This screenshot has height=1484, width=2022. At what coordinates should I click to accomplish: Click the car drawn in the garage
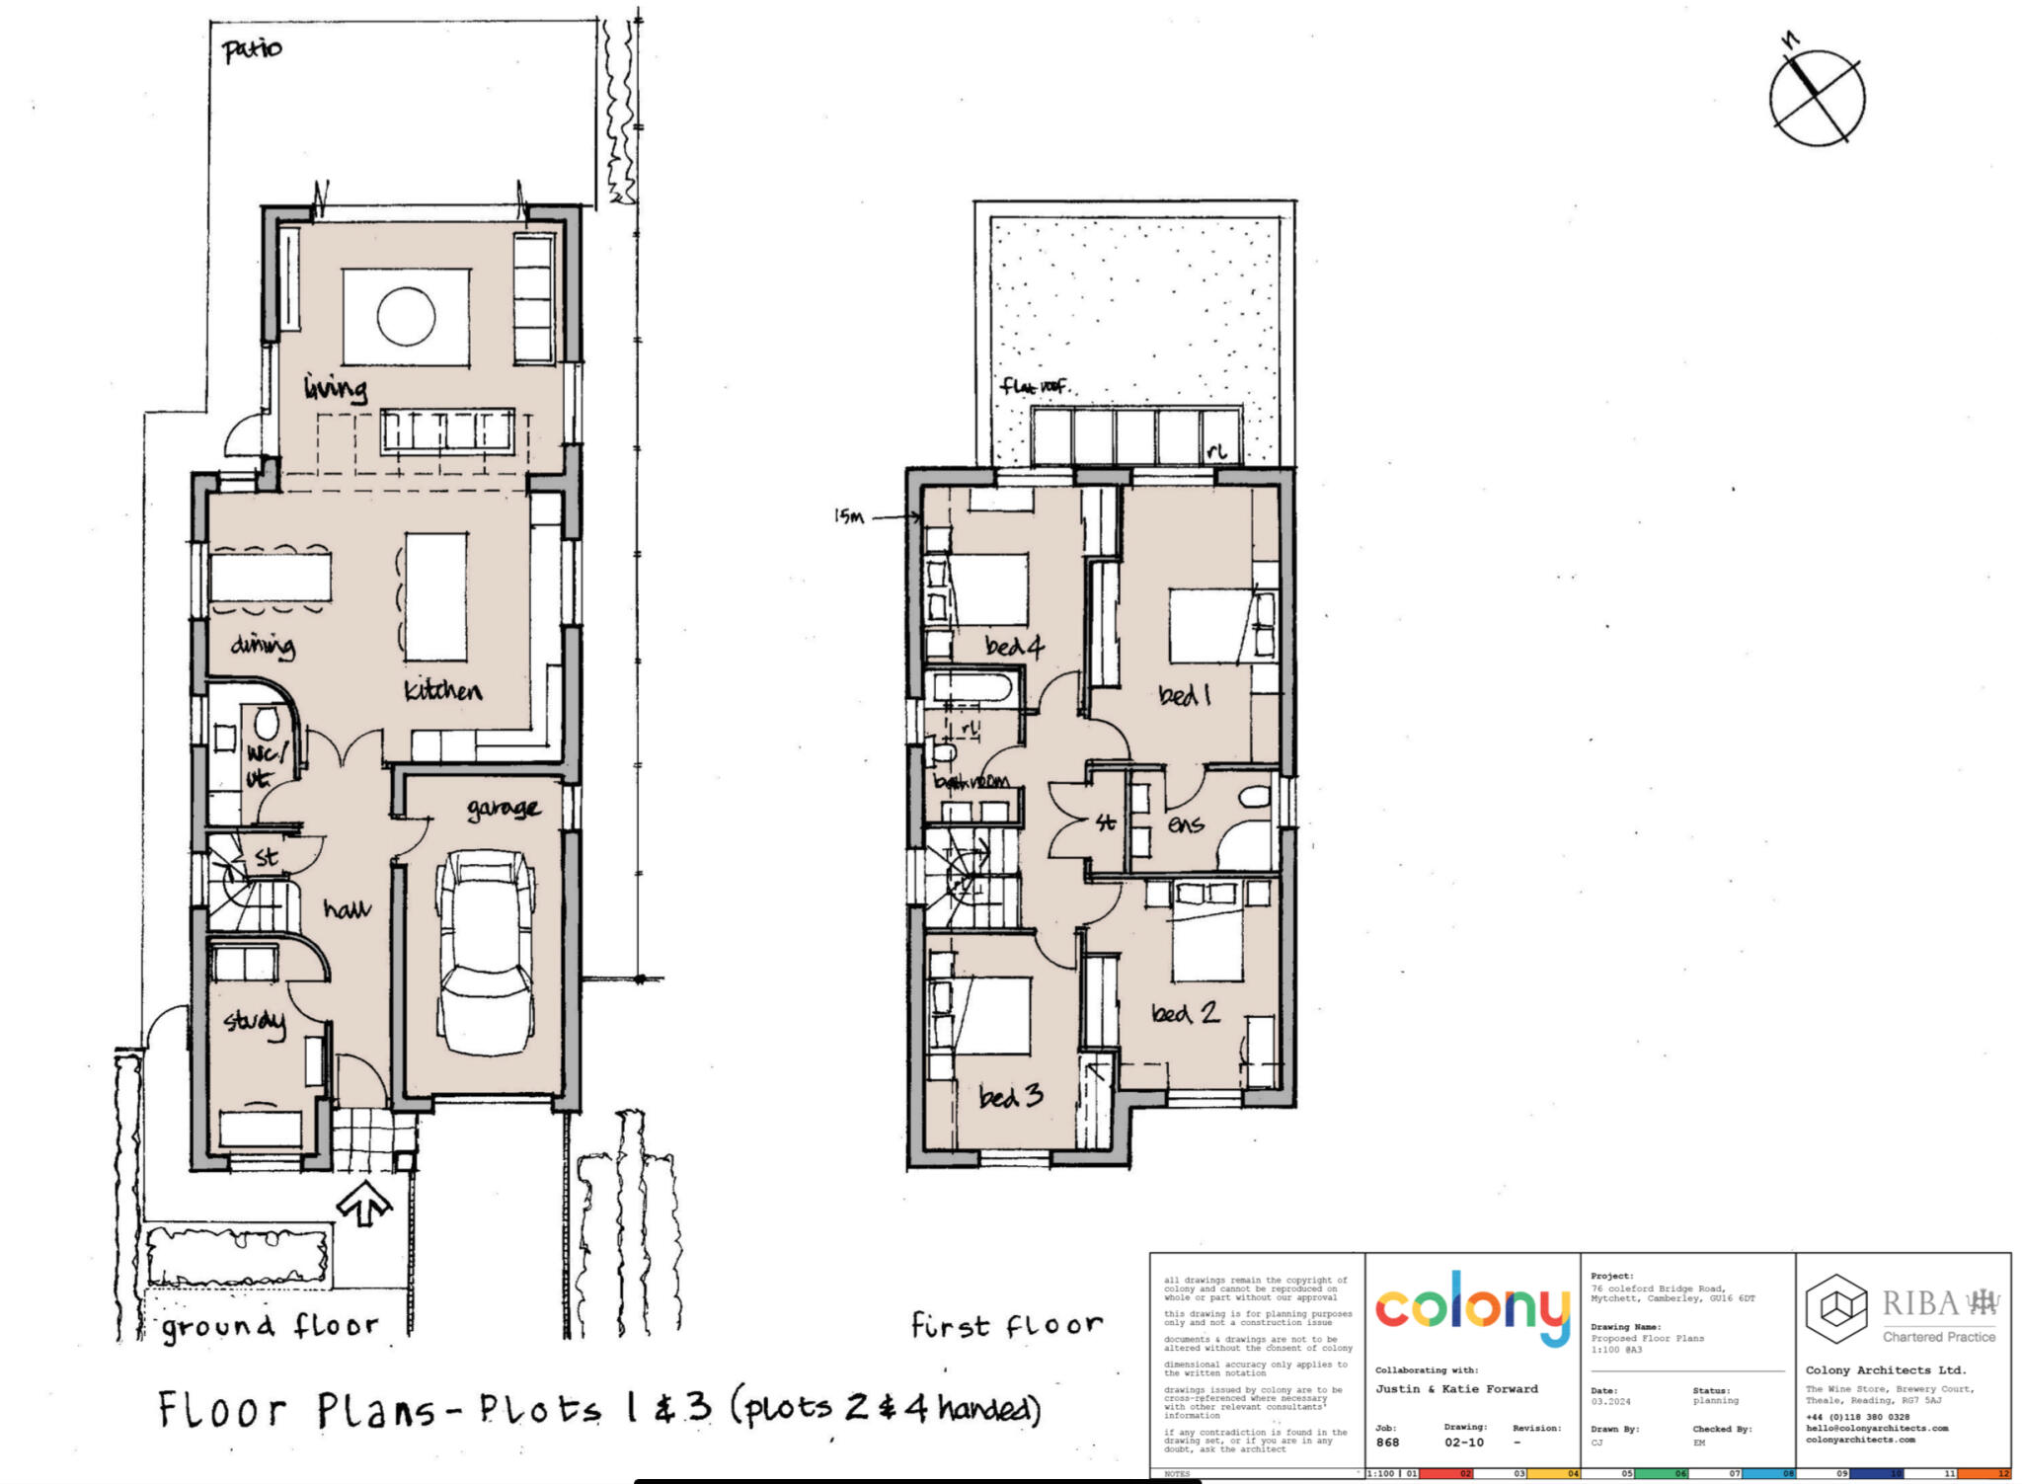(x=486, y=953)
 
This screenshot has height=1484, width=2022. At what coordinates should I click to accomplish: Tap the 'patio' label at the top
(x=252, y=49)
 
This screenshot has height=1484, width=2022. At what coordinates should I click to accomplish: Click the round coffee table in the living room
(x=406, y=317)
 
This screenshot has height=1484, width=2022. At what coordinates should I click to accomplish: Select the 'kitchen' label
(x=442, y=690)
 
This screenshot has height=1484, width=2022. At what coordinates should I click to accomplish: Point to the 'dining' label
(x=263, y=646)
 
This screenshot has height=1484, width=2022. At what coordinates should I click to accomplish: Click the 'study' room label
(x=254, y=1021)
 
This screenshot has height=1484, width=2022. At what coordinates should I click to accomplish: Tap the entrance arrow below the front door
(x=364, y=1203)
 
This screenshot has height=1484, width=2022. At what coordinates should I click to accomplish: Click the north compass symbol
(x=1817, y=97)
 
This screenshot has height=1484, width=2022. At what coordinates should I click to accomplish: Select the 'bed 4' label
(x=1014, y=647)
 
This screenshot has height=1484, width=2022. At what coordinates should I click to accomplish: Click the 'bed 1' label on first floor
(x=1184, y=696)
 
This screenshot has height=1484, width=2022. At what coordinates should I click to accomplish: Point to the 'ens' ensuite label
(x=1185, y=823)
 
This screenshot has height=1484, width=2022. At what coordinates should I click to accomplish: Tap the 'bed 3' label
(x=1010, y=1096)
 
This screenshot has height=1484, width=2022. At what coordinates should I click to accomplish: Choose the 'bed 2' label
(x=1184, y=1013)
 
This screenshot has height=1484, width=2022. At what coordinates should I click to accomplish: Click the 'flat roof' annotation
(x=1034, y=386)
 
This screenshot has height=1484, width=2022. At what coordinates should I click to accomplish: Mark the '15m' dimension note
(x=848, y=516)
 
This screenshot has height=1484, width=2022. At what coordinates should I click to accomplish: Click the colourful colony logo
(x=1472, y=1307)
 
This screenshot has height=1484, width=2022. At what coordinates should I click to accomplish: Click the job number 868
(x=1387, y=1443)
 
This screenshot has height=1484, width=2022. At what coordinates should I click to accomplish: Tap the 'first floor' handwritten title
(x=1005, y=1325)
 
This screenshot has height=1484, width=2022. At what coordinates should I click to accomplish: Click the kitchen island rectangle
(x=435, y=596)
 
